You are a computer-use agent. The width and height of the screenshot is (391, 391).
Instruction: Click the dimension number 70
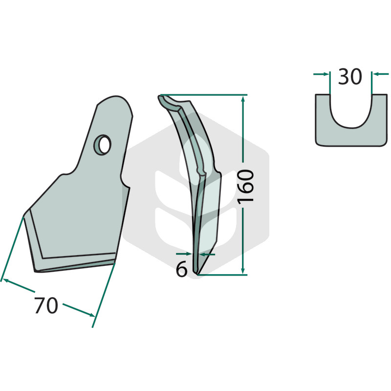coord(46,305)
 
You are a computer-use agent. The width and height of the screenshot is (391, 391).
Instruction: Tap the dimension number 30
coord(349,77)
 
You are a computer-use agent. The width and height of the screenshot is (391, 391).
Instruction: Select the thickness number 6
coord(181,269)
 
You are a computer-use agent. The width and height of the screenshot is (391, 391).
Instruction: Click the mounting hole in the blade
coord(102,145)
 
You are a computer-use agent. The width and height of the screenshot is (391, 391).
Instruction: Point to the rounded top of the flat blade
coord(115,99)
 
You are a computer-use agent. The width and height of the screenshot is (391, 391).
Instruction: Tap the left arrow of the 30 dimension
coord(322,74)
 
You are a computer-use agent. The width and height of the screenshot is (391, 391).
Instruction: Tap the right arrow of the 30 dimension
coord(381,74)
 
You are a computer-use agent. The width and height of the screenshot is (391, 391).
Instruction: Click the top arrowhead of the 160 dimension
coord(243,99)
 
